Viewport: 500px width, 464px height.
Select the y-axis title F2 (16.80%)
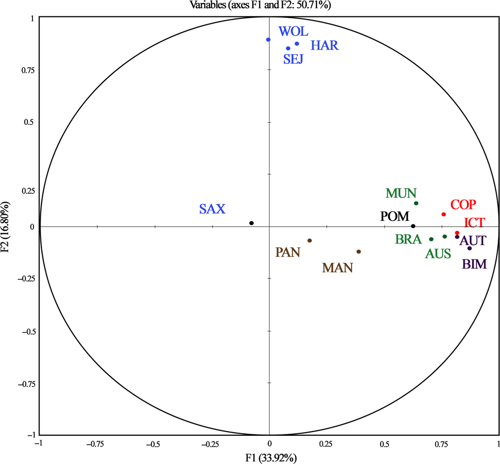click(x=6, y=227)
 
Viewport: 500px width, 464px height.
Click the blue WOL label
click(x=293, y=32)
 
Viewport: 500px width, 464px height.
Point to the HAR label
click(x=324, y=46)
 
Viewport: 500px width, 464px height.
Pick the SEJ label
click(x=293, y=59)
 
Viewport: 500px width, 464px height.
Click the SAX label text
click(x=212, y=209)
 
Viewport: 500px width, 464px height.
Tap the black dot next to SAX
click(x=251, y=223)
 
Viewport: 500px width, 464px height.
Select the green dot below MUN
click(x=416, y=203)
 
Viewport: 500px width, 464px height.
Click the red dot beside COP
click(x=444, y=214)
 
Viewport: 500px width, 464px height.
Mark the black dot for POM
click(x=413, y=226)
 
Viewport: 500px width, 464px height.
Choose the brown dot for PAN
click(x=310, y=241)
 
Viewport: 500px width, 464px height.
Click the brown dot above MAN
click(x=359, y=252)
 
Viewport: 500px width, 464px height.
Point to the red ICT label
click(x=474, y=222)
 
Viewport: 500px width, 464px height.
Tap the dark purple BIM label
click(x=474, y=264)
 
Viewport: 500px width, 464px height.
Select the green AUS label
click(x=438, y=254)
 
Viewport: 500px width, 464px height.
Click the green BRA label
click(x=408, y=239)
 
